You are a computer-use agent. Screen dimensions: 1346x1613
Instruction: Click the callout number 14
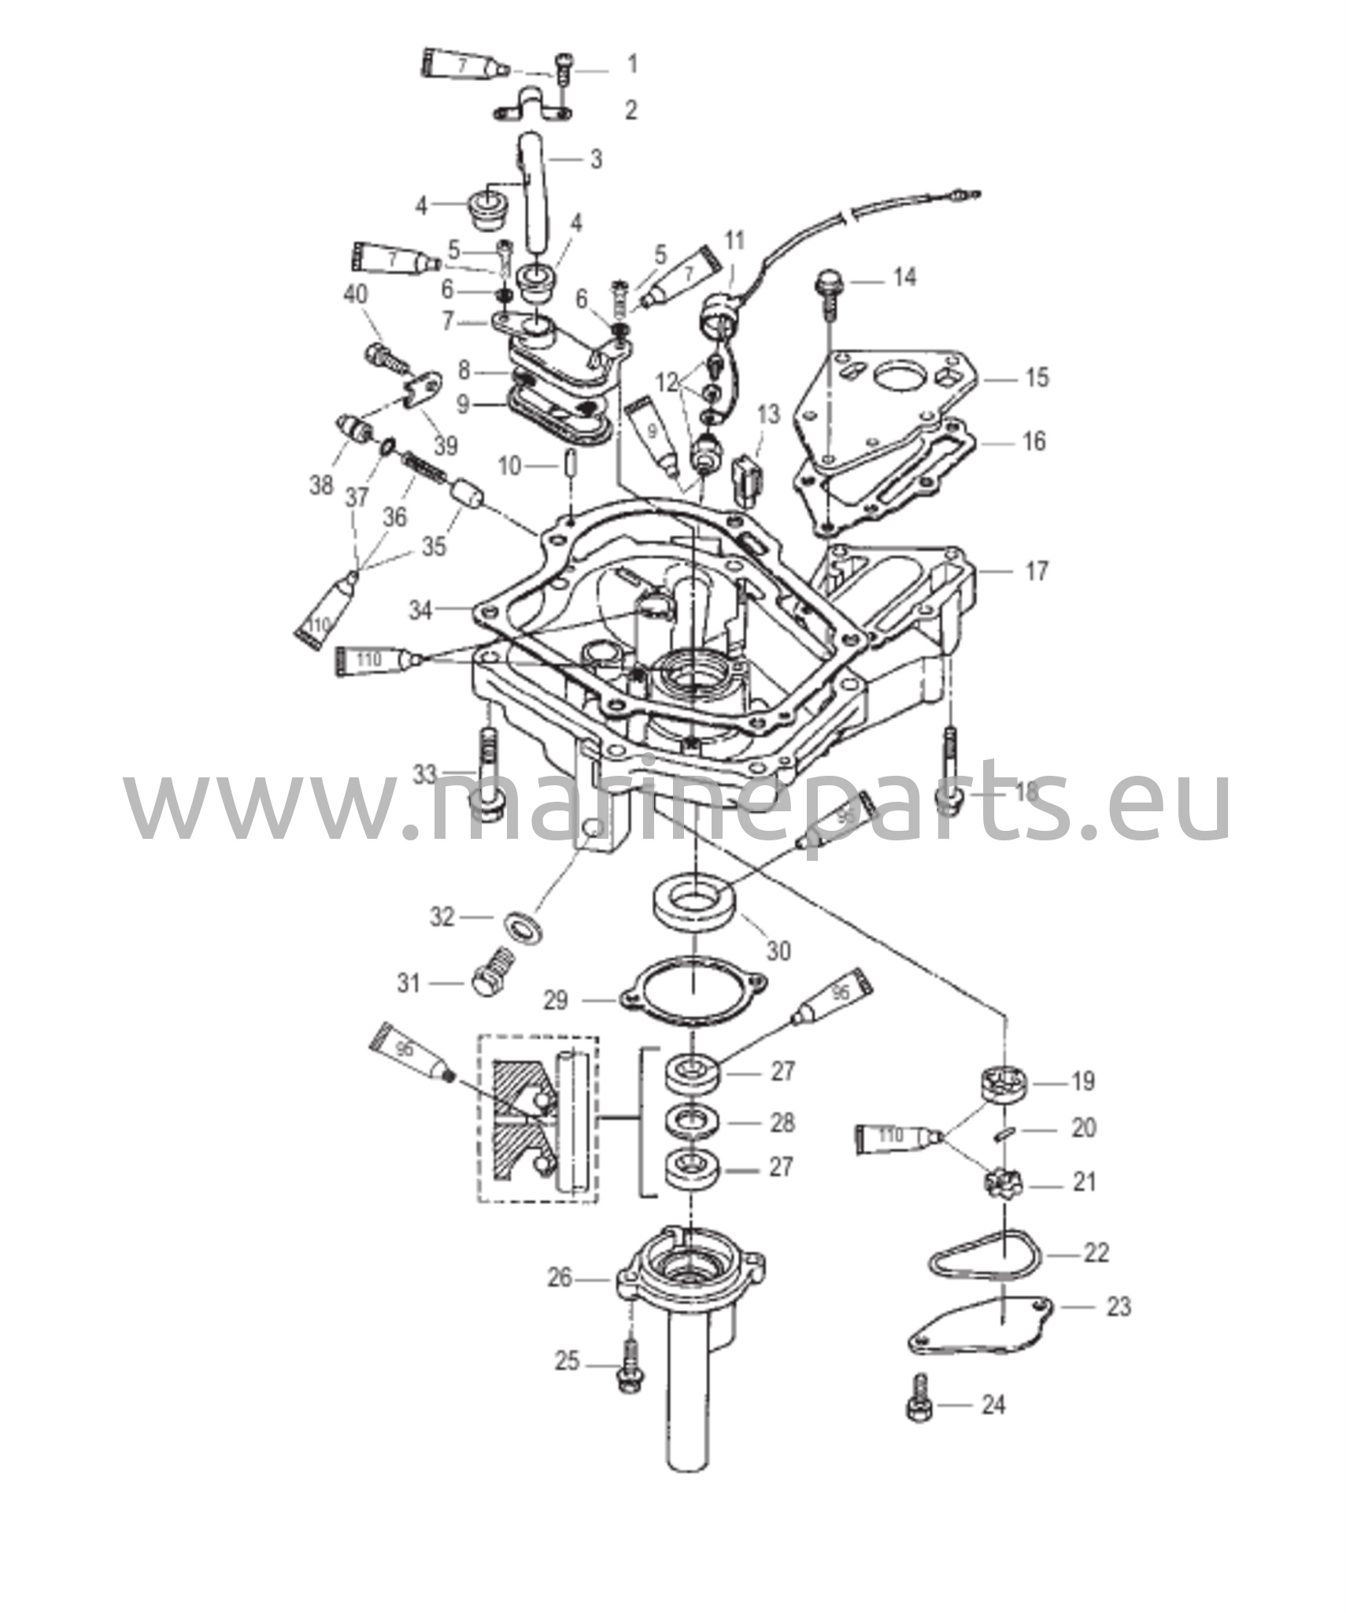pos(904,277)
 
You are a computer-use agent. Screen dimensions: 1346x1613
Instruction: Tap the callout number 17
pos(1037,571)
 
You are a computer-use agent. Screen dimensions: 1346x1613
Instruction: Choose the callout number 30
pos(778,951)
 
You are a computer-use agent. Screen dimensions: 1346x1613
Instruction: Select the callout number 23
pos(1119,1307)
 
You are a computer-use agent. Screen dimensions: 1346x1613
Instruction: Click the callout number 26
pos(560,1277)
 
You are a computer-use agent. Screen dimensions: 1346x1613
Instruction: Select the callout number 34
pos(421,610)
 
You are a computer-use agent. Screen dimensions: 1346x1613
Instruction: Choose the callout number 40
pos(356,295)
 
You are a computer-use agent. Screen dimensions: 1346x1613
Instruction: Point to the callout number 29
pos(556,1000)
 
